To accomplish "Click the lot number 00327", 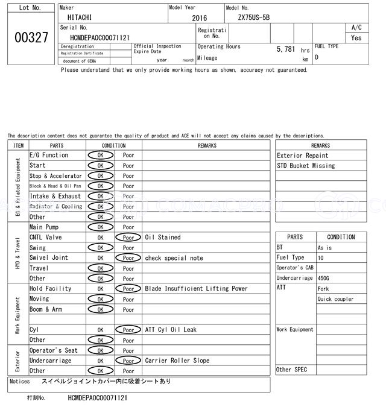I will [30, 37].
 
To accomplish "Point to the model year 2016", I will [199, 18].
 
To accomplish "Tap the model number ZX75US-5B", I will [254, 17].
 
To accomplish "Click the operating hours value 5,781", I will [286, 48].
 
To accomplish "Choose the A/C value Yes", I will [356, 38].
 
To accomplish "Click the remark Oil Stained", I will [162, 238].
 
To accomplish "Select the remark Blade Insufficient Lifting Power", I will [196, 289].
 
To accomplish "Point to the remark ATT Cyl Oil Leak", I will [171, 330].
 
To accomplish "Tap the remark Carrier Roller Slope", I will [177, 361].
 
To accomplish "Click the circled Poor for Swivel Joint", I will [128, 258].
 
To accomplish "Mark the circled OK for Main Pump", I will [100, 227].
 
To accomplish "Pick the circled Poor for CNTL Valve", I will [128, 238].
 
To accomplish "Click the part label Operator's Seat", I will [54, 350].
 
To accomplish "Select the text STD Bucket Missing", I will [306, 166].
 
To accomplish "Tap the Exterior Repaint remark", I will [303, 156].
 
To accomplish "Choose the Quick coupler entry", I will [335, 299].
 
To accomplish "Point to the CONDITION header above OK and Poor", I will [113, 145].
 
